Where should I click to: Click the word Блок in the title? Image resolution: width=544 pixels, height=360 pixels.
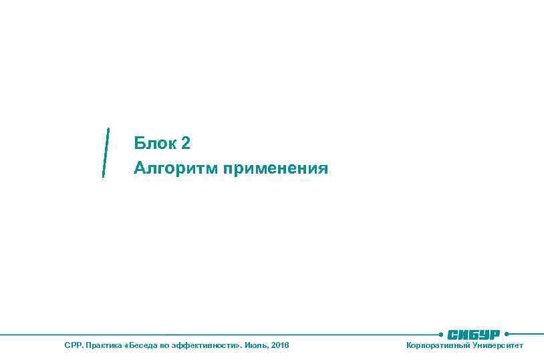(153, 143)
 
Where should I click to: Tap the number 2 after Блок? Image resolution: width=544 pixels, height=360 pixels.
(186, 143)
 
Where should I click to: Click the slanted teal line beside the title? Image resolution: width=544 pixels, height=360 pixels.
(106, 152)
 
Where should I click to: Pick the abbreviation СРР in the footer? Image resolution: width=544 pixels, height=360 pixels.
(72, 345)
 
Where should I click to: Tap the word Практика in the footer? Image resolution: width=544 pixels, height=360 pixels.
(104, 345)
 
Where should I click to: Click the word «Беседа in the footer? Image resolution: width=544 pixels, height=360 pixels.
(142, 345)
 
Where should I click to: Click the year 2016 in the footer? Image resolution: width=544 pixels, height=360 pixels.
(281, 345)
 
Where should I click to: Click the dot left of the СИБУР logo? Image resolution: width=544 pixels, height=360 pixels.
(441, 334)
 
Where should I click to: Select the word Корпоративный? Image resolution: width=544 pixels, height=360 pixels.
(437, 345)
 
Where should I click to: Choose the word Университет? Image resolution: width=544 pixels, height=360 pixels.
(498, 345)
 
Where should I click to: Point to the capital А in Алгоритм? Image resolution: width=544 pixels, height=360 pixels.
(139, 168)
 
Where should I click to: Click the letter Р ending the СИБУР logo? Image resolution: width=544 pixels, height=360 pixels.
(495, 334)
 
